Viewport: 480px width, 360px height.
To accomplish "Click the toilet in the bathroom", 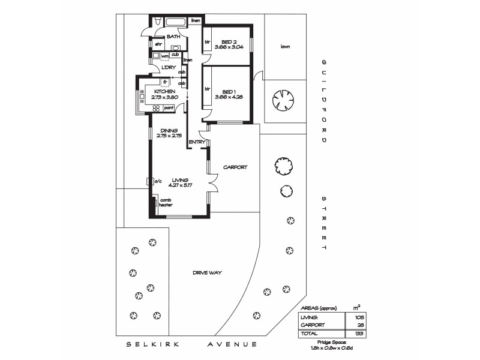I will pyautogui.click(x=157, y=22).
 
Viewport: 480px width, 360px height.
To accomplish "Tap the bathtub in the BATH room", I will pyautogui.click(x=176, y=23).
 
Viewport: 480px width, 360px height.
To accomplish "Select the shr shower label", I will pyautogui.click(x=158, y=44).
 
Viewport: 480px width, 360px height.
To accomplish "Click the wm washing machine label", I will pyautogui.click(x=164, y=56).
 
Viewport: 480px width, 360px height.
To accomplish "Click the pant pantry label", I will pyautogui.click(x=169, y=108).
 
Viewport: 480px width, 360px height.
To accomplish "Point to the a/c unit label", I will pyautogui.click(x=158, y=181).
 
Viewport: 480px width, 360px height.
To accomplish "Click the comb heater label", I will pyautogui.click(x=165, y=202).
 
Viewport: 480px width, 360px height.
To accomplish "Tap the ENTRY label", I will pyautogui.click(x=197, y=142).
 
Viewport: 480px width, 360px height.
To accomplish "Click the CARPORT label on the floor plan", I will pyautogui.click(x=235, y=167).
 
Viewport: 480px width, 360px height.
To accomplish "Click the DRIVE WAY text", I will pyautogui.click(x=208, y=272).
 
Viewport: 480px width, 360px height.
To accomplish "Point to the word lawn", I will pyautogui.click(x=285, y=46).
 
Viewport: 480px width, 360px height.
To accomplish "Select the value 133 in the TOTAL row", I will pyautogui.click(x=359, y=333).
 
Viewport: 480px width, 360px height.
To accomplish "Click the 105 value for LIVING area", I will pyautogui.click(x=359, y=317).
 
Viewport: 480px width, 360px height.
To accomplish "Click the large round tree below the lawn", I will pyautogui.click(x=284, y=100).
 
